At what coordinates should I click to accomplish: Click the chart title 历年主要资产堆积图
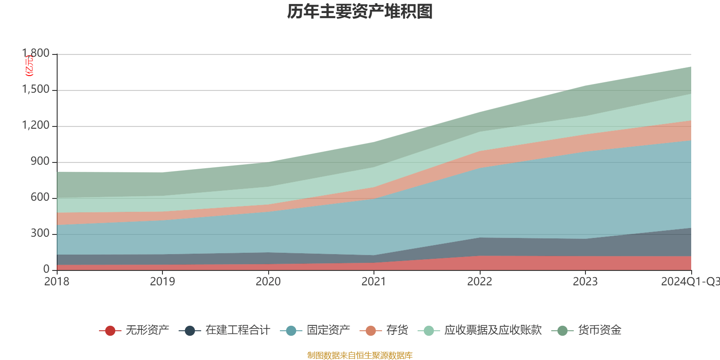tap(360, 12)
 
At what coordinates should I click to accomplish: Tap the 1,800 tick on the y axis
tap(36, 54)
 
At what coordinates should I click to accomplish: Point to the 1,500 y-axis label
tap(36, 90)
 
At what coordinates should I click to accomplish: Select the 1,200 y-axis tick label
tap(36, 126)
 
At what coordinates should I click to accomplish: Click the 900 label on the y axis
tap(40, 162)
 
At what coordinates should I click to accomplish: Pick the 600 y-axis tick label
tap(40, 198)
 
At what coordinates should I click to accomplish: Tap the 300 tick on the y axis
tap(40, 234)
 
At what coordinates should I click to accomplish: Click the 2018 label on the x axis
tap(57, 282)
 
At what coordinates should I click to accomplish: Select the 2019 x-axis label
tap(162, 282)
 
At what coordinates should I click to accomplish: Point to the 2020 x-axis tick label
tap(268, 282)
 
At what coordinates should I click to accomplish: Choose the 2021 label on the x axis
tap(373, 282)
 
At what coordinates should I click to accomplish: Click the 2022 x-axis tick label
tap(479, 282)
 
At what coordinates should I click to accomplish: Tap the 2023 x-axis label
tap(585, 282)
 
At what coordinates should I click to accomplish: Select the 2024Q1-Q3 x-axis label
tap(690, 282)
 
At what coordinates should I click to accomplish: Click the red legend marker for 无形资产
tap(110, 331)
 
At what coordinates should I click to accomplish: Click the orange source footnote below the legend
tap(360, 355)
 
